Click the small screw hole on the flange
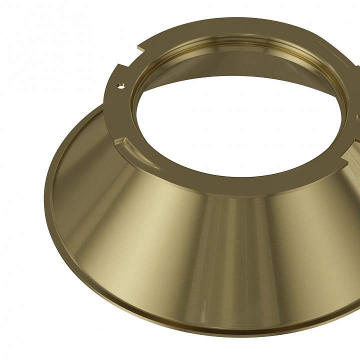tap(120, 85)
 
